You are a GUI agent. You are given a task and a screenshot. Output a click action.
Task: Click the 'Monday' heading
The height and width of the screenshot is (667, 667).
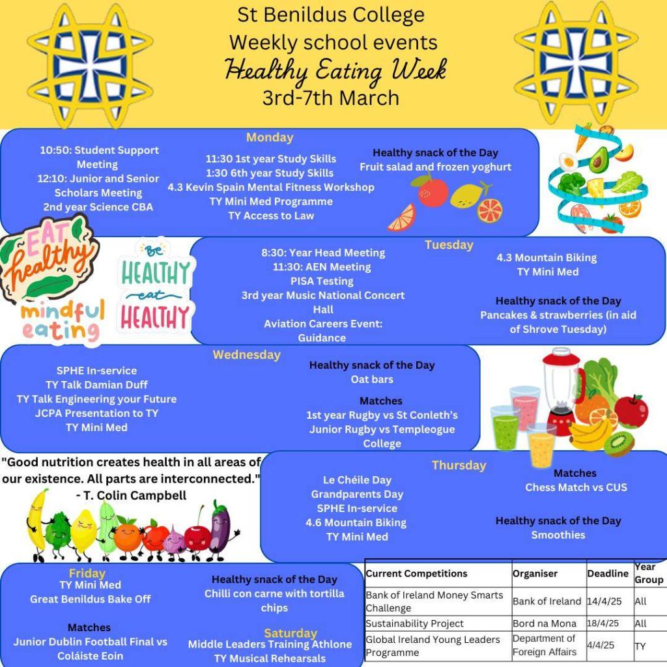270,137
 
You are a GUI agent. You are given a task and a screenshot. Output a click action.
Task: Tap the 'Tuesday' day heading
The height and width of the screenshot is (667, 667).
449,245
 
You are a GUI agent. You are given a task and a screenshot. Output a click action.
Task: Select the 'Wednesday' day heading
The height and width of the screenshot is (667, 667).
246,355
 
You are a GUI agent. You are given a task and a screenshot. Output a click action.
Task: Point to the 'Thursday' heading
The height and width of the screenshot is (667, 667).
459,465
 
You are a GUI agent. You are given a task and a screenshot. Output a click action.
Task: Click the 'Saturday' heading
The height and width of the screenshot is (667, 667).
291,632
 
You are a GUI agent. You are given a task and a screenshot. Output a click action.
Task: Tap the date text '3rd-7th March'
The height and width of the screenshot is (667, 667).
331,98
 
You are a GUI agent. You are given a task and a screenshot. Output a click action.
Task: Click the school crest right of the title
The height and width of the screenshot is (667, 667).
576,63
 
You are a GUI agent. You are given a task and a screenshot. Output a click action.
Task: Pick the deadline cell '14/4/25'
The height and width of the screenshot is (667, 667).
602,601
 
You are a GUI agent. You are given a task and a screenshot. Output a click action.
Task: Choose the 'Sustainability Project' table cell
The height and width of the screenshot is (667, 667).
415,623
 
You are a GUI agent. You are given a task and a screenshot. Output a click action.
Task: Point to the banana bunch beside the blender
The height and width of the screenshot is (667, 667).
591,431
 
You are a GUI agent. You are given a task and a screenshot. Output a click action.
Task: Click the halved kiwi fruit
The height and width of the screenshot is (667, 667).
619,444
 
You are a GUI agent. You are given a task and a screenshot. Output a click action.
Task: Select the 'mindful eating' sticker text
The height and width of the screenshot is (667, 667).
62,320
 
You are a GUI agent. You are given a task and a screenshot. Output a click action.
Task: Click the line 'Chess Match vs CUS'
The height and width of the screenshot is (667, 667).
576,487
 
